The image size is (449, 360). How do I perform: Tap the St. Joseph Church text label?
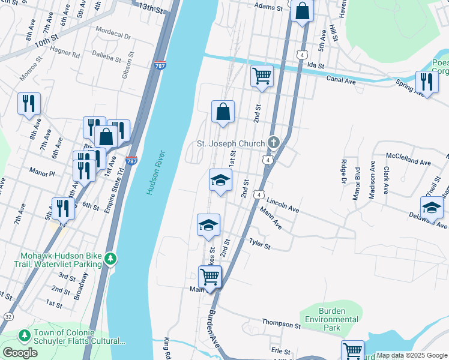(231, 143)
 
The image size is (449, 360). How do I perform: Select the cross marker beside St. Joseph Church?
(274, 143)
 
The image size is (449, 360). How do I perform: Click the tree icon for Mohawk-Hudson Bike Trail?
(110, 259)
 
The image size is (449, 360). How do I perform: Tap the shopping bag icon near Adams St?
(303, 11)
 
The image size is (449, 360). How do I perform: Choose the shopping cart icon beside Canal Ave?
(262, 76)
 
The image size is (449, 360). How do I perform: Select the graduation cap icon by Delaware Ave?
(431, 208)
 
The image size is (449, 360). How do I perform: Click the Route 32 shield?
(7, 316)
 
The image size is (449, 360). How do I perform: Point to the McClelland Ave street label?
(409, 163)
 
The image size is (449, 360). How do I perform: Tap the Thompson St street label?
(281, 325)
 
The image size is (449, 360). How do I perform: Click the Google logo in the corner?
(20, 353)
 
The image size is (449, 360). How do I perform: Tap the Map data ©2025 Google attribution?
(412, 355)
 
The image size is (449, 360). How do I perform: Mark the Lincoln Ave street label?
(283, 206)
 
